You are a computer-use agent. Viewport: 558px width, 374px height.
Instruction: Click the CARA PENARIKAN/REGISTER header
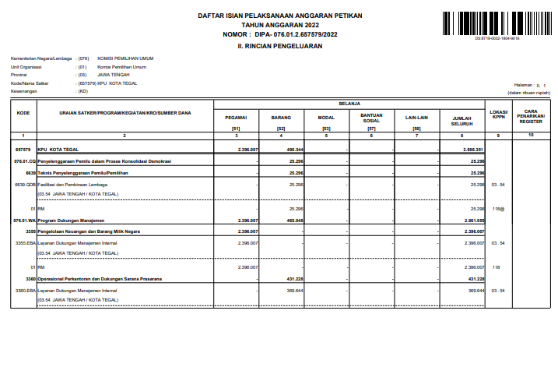531,117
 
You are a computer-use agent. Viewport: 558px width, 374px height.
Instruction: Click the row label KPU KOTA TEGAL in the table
59,149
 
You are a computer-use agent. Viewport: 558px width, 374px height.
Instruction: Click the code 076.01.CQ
25,161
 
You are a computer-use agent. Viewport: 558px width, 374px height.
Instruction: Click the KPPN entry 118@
499,210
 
